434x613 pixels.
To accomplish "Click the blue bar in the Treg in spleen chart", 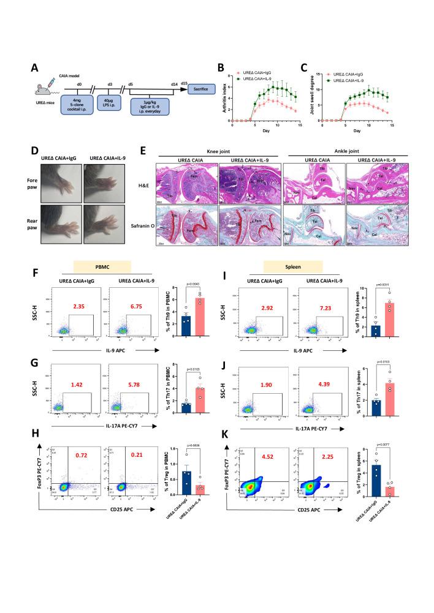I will point(366,478).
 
